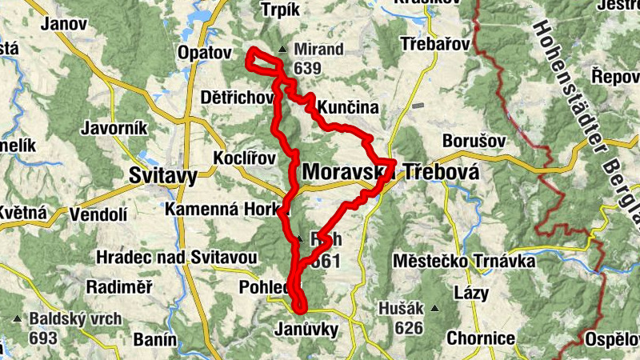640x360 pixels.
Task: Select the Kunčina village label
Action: click(x=347, y=107)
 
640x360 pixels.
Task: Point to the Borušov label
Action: click(x=474, y=141)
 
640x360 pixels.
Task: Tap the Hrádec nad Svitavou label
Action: click(x=175, y=257)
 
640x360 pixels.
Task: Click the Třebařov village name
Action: click(x=434, y=45)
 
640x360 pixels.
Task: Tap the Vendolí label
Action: click(x=98, y=214)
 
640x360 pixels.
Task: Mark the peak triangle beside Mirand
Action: click(x=281, y=50)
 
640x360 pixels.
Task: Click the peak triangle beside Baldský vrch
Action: click(x=18, y=318)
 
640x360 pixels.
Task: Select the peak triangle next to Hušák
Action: click(x=434, y=306)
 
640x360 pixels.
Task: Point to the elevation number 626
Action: click(x=408, y=326)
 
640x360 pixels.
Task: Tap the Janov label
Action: click(x=67, y=24)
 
